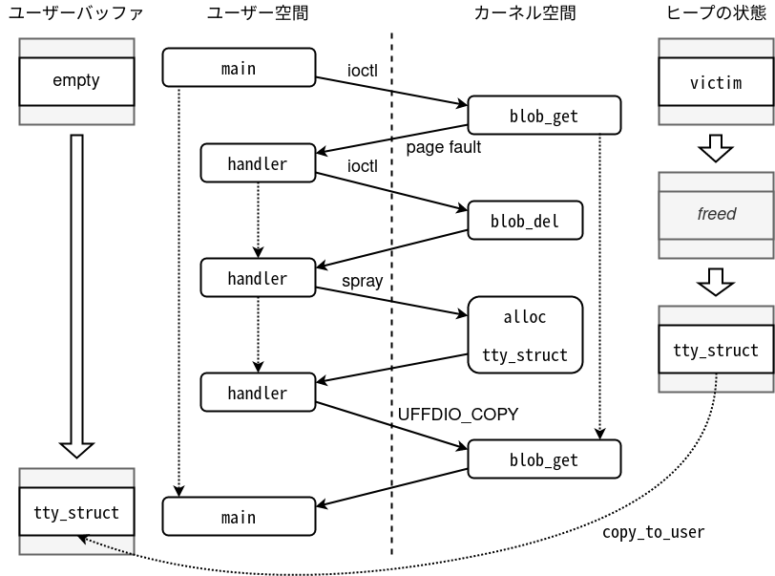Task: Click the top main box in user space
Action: pyautogui.click(x=238, y=68)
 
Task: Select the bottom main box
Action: pyautogui.click(x=238, y=517)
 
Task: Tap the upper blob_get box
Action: pyautogui.click(x=543, y=116)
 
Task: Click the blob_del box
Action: pyautogui.click(x=524, y=221)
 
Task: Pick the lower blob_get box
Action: pyautogui.click(x=543, y=459)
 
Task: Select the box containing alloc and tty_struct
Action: pyautogui.click(x=524, y=335)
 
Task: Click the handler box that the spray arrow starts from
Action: pyautogui.click(x=257, y=278)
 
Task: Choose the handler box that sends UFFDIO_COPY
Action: pyautogui.click(x=257, y=393)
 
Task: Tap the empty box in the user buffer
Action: pyautogui.click(x=75, y=81)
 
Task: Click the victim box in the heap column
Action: pyautogui.click(x=715, y=82)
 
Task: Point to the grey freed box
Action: pyautogui.click(x=716, y=214)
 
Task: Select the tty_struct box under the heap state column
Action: pyautogui.click(x=715, y=350)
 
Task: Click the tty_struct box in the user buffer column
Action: pyautogui.click(x=75, y=512)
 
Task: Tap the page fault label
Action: pyautogui.click(x=443, y=147)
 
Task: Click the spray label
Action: pyautogui.click(x=362, y=281)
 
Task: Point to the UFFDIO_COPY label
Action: pyautogui.click(x=457, y=414)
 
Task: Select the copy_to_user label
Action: pyautogui.click(x=653, y=532)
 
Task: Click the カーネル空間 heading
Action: pyautogui.click(x=524, y=13)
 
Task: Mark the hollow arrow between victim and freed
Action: pyautogui.click(x=715, y=147)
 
